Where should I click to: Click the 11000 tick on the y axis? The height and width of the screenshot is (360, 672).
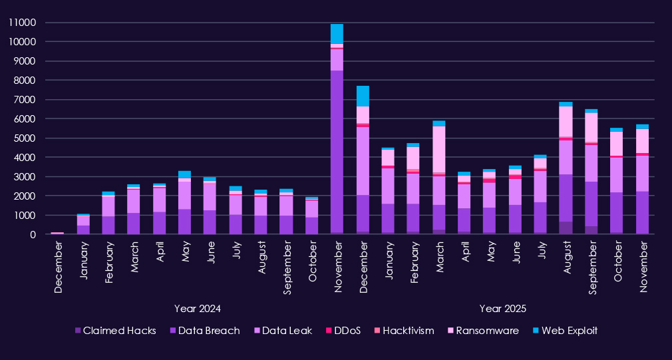22,23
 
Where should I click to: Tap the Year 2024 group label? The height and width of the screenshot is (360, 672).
197,309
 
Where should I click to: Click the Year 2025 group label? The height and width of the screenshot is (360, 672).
502,309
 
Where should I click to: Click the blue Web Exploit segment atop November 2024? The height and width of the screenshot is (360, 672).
337,34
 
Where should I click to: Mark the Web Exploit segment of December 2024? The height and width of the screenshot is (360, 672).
363,96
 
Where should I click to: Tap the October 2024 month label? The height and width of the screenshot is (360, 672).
311,266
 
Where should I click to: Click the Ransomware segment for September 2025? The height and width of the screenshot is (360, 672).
591,127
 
